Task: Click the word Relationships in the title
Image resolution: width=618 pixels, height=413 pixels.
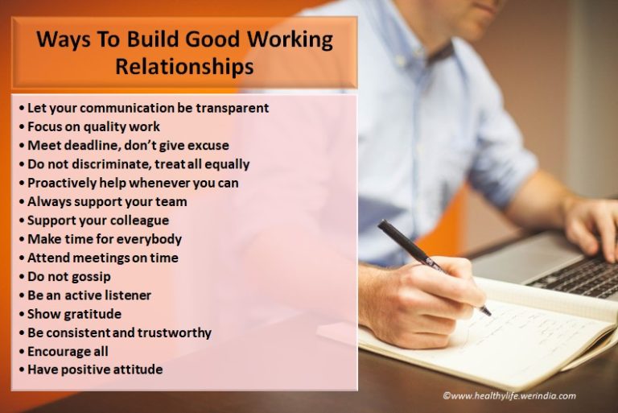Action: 183,67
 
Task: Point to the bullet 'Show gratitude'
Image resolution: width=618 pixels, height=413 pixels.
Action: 75,314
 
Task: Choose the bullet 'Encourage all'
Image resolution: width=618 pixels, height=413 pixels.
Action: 68,351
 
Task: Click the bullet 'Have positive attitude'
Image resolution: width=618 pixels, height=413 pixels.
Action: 95,370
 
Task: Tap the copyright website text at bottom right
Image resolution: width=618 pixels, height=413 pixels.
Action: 509,396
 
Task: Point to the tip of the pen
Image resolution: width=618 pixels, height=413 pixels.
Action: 488,313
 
